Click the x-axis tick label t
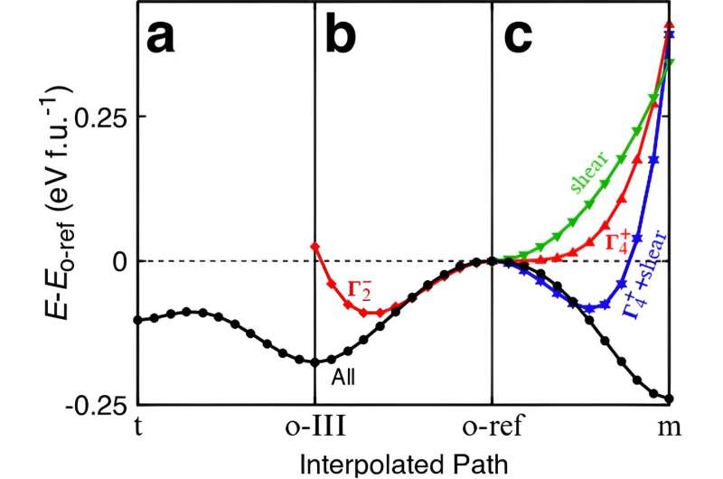tap(137, 425)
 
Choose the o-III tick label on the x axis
tap(314, 425)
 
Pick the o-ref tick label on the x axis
tap(492, 425)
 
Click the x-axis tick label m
tap(668, 425)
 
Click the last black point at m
tap(669, 399)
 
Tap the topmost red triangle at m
tap(669, 24)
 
